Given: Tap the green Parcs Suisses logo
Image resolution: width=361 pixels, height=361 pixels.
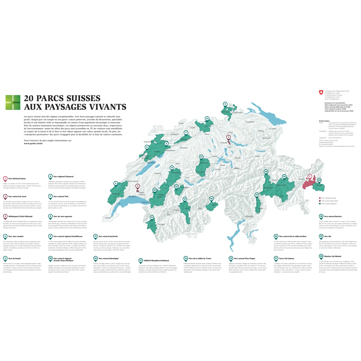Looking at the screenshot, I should click(13, 102).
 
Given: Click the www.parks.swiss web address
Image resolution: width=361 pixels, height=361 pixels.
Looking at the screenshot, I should click(33, 143).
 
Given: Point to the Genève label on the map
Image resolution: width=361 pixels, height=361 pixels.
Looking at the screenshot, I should click(108, 218).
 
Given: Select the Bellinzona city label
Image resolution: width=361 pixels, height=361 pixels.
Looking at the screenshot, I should click(249, 216).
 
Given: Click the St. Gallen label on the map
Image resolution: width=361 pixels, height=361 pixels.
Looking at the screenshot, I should click(273, 128).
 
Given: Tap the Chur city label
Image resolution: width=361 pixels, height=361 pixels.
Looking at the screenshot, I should click(280, 169).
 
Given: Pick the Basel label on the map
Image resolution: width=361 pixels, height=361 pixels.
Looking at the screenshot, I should click(181, 123).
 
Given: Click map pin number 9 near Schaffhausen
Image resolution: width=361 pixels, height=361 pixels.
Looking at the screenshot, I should click(225, 104).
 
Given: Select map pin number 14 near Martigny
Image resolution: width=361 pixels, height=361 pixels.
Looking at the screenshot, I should click(152, 217).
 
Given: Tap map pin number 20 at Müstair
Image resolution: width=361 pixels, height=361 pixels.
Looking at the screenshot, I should click(319, 180).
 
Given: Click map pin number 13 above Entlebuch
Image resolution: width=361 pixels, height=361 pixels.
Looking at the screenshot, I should click(201, 157).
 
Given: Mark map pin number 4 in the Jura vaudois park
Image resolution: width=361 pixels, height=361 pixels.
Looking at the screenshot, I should click(116, 183).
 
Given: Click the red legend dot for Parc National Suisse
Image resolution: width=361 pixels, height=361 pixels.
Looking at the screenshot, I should click(320, 198).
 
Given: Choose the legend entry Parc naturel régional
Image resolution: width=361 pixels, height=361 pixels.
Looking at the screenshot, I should click(329, 204).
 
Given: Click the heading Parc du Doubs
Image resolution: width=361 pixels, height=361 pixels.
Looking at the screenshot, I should click(14, 258).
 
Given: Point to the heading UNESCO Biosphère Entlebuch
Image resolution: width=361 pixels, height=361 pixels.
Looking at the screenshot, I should click(156, 261).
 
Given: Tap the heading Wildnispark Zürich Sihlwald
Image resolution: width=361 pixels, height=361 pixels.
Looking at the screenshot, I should click(20, 216).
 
